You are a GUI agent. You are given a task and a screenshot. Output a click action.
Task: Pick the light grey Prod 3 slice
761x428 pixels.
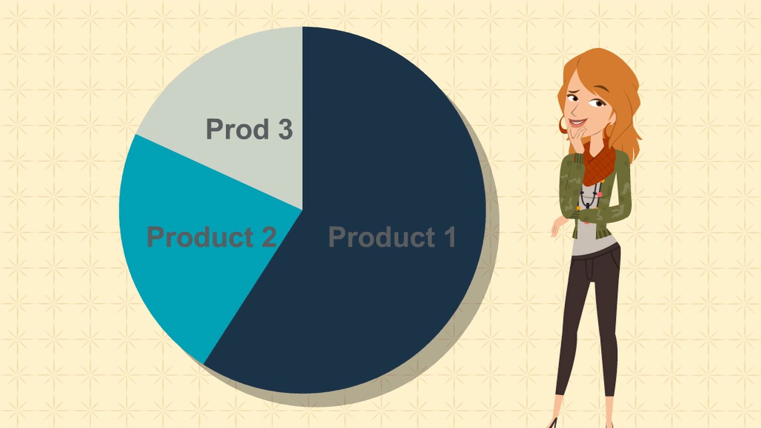[x=238, y=89]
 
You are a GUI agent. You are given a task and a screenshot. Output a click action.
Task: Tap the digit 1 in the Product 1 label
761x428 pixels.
[x=448, y=237]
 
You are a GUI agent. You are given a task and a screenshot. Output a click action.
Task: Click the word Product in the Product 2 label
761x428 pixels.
[x=194, y=237]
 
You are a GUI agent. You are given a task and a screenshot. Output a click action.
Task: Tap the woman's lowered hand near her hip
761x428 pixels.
[x=558, y=226]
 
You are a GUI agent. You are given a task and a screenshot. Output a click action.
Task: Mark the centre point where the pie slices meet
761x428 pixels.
[x=303, y=210]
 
